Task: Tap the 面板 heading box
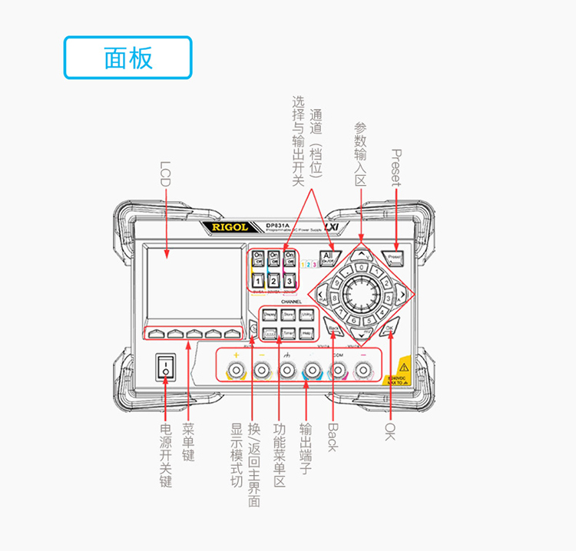point(127,58)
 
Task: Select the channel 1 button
point(258,282)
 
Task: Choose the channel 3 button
point(290,282)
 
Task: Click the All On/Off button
point(329,258)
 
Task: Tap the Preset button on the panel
point(395,257)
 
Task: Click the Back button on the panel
point(333,328)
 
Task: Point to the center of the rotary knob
point(361,293)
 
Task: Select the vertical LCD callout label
point(165,175)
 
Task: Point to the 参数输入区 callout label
point(361,153)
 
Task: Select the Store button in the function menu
point(288,315)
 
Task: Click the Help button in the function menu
point(306,333)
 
